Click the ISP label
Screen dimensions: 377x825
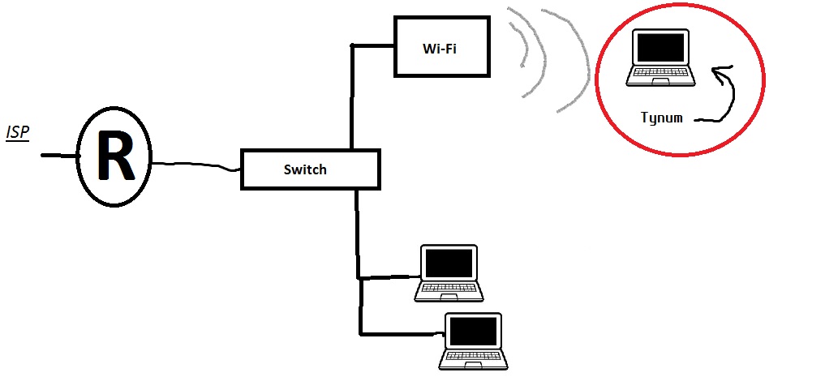tap(18, 131)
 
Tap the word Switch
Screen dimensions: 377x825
tap(305, 169)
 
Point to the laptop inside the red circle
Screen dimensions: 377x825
tap(660, 58)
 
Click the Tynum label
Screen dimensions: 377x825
tap(661, 118)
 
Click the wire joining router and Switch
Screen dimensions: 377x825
tap(195, 165)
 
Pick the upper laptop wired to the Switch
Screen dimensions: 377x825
tap(449, 272)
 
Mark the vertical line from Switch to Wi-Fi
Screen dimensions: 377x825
tap(351, 97)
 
